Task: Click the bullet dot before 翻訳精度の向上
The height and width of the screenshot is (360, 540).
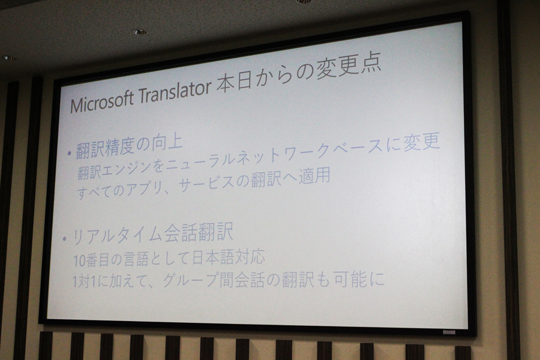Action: [x=70, y=154]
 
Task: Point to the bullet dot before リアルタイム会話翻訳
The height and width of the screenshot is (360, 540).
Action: [x=64, y=238]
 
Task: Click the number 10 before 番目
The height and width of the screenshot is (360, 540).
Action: [x=78, y=261]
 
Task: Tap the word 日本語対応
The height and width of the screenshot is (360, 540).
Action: [x=229, y=257]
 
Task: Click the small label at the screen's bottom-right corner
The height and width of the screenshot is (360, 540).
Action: [x=449, y=332]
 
